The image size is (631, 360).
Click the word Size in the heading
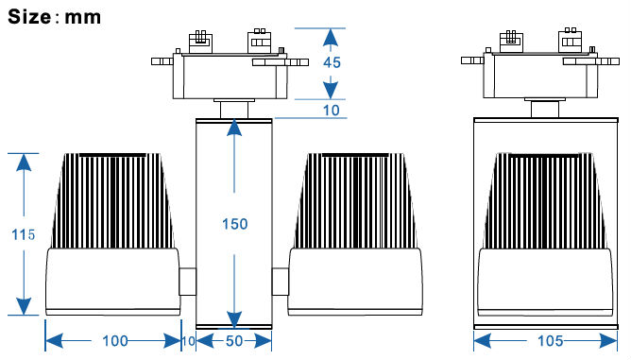[x=29, y=17]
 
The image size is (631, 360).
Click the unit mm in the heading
[x=82, y=18]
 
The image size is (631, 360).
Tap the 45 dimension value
[x=332, y=62]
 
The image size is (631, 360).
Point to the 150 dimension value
[x=235, y=224]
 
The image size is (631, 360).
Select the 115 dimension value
[x=23, y=234]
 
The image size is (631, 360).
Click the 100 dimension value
[x=115, y=341]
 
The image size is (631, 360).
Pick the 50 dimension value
[x=234, y=341]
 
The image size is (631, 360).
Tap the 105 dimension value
[x=550, y=341]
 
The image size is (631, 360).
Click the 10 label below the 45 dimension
[x=332, y=111]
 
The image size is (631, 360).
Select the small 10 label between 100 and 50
[x=188, y=341]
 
